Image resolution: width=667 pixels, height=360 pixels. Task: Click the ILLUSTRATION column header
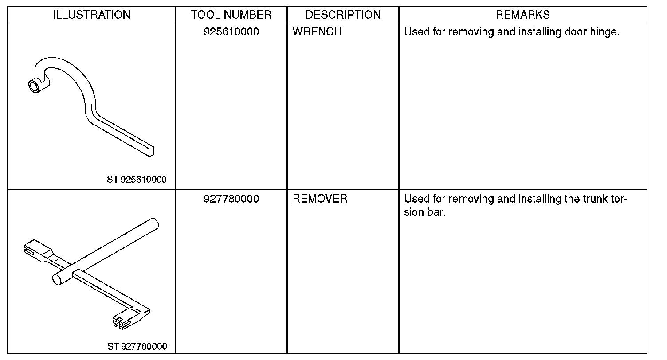coord(91,15)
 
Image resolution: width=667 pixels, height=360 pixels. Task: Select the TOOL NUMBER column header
coord(231,15)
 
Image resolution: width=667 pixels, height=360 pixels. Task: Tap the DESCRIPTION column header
coord(343,15)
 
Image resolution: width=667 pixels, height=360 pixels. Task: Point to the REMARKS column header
coord(523,15)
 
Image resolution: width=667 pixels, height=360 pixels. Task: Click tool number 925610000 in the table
coord(231,32)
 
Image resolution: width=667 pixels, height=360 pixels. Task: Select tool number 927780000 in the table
coord(231,199)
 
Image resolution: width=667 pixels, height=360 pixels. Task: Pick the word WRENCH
coord(317,32)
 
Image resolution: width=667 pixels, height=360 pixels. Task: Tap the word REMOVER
coord(320,199)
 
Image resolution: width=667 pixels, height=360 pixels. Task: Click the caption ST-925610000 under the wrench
coord(137,180)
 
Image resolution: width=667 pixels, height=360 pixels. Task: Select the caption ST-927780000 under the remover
coord(137,346)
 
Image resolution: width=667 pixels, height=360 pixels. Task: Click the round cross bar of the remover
coord(106,250)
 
